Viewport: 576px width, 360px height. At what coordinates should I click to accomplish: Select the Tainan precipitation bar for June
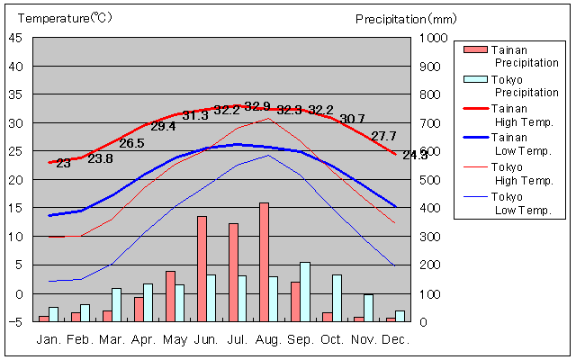[x=202, y=268]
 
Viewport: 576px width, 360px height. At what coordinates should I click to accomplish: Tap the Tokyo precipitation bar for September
[x=305, y=292]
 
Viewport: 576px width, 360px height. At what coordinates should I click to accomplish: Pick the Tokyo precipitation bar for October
[x=337, y=298]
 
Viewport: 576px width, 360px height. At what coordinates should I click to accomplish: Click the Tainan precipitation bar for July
[x=233, y=272]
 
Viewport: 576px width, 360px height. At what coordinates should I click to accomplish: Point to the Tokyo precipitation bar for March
[x=116, y=304]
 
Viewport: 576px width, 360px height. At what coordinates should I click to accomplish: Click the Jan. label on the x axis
[x=49, y=340]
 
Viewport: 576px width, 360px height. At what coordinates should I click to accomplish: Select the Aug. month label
[x=269, y=340]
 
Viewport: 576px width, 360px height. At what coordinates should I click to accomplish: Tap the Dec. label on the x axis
[x=395, y=340]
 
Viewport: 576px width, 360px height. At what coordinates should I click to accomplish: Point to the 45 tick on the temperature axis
[x=17, y=38]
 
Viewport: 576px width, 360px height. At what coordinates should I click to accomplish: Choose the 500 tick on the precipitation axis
[x=429, y=180]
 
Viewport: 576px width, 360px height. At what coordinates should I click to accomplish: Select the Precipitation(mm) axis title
[x=406, y=18]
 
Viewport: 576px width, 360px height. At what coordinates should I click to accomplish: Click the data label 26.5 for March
[x=131, y=143]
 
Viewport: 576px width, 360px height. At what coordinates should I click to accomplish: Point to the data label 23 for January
[x=63, y=163]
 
